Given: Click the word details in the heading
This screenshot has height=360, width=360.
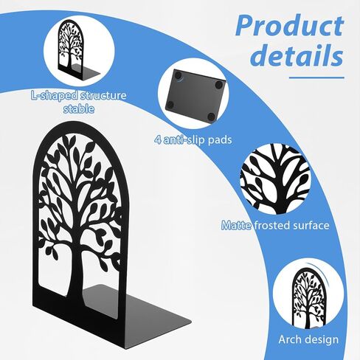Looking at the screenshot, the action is [298, 55].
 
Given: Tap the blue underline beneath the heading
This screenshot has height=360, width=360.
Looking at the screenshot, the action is [316, 77].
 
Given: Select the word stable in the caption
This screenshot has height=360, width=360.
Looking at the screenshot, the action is [79, 108].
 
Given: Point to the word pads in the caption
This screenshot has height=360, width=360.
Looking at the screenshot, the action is [220, 140].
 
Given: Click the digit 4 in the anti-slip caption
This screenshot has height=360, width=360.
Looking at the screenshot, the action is [158, 140].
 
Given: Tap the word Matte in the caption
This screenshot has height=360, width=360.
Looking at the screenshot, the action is [237, 225].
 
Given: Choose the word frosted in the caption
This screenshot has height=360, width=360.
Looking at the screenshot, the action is [271, 225].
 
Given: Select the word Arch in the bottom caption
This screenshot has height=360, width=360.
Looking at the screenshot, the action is [290, 339].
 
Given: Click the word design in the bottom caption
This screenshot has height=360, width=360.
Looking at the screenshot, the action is [322, 340].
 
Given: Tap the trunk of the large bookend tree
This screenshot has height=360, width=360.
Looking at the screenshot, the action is [77, 275].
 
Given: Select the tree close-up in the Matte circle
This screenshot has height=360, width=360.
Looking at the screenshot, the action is [275, 180].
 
